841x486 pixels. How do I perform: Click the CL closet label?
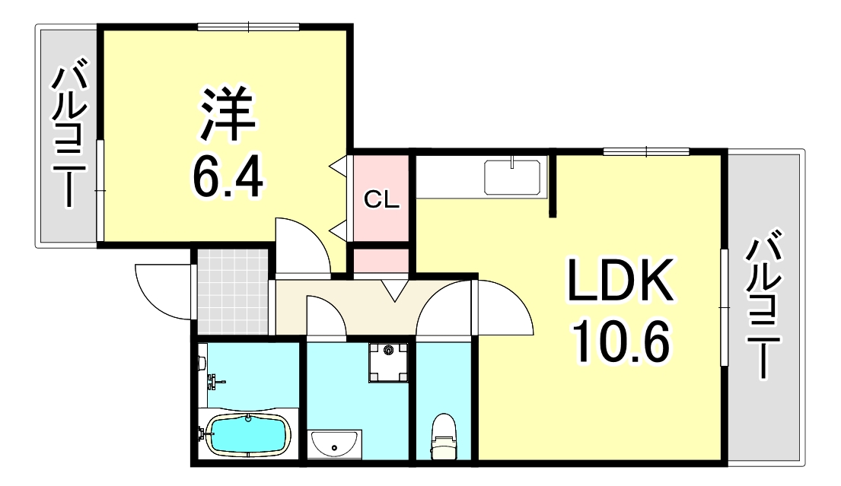click(x=381, y=200)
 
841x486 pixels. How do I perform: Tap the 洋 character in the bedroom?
click(x=227, y=113)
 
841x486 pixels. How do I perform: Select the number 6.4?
click(x=227, y=178)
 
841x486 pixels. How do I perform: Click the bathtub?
click(x=249, y=433)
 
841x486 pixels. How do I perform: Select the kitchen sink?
click(x=513, y=177)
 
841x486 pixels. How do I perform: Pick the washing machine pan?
click(x=389, y=363)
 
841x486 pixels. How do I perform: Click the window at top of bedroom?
click(x=248, y=28)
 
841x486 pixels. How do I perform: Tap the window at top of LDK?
click(x=646, y=151)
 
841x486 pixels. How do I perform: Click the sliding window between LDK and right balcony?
click(x=723, y=307)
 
